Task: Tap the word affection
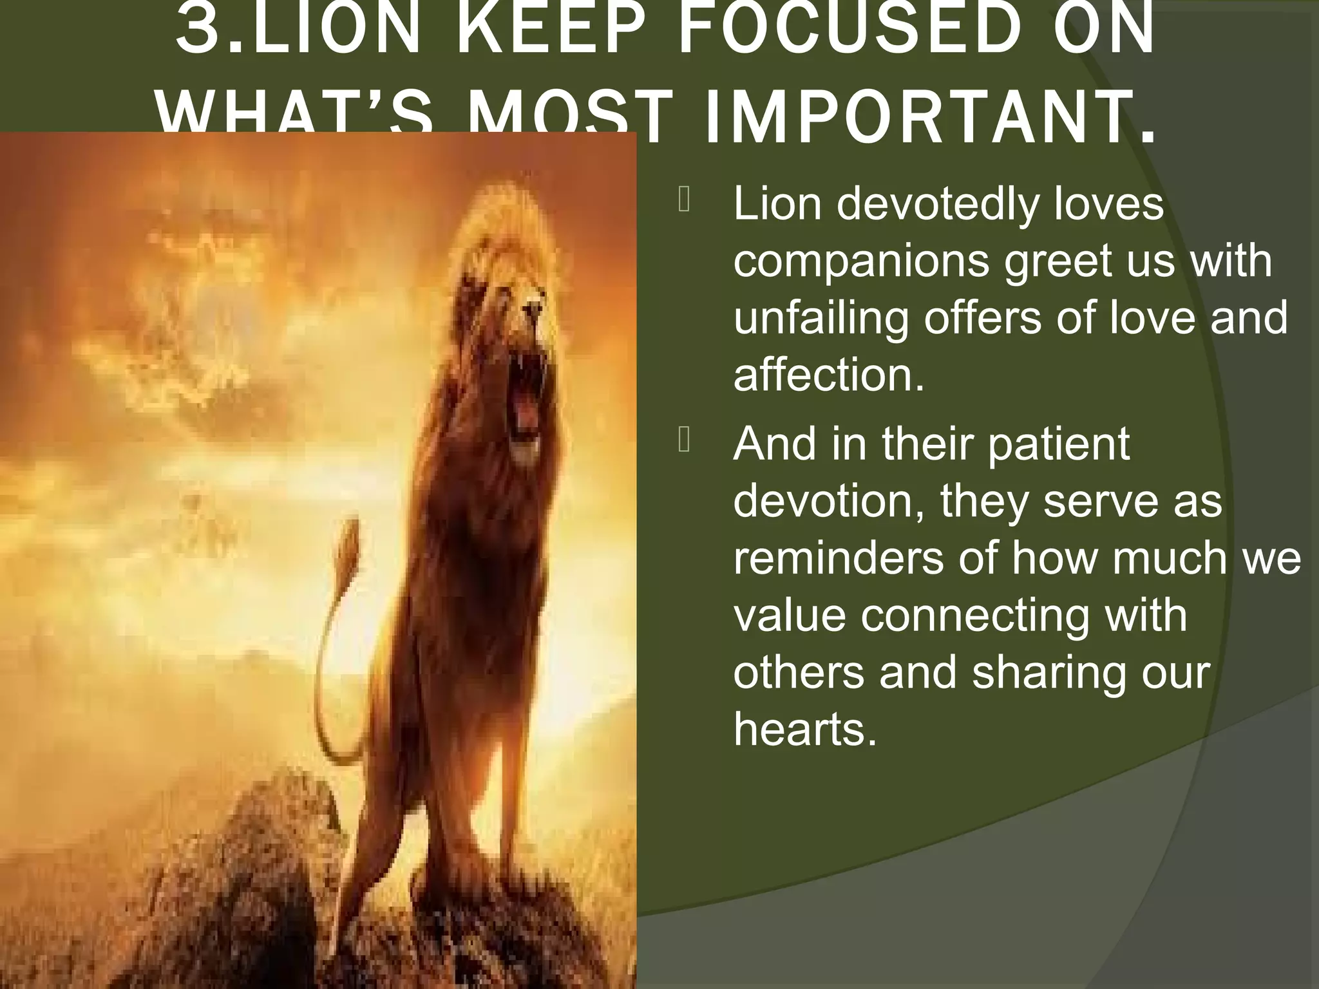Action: (x=828, y=374)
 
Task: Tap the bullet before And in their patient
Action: (x=683, y=440)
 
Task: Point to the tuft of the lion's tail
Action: (x=350, y=534)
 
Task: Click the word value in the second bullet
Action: (x=789, y=614)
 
